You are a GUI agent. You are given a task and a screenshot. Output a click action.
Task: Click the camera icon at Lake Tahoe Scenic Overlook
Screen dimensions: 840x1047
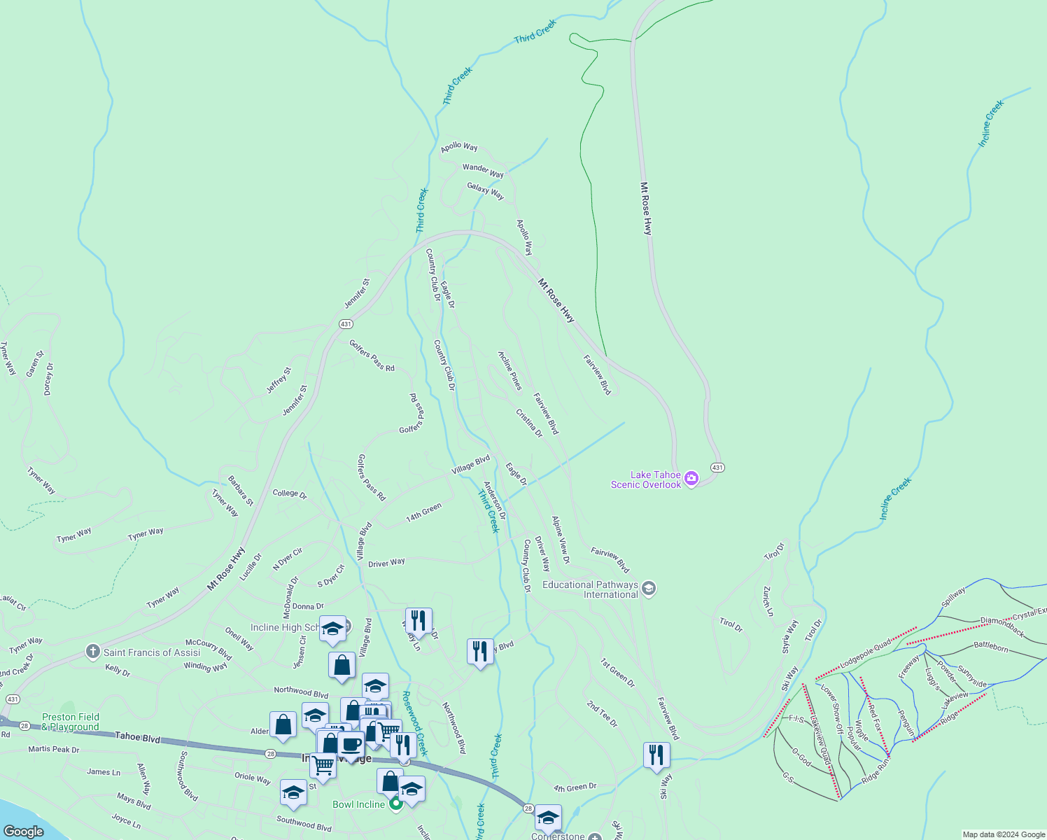pos(691,479)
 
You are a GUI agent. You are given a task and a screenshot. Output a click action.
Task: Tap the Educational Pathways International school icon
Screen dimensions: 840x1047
pos(649,588)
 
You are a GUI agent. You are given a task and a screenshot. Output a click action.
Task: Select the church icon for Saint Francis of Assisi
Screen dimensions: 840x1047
pos(92,652)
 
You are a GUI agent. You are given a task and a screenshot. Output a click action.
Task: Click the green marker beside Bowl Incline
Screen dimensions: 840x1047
pos(395,804)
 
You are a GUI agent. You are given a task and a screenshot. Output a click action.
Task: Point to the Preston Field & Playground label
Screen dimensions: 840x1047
pos(71,722)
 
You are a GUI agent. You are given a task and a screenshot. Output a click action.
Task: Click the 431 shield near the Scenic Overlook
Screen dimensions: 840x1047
pos(717,467)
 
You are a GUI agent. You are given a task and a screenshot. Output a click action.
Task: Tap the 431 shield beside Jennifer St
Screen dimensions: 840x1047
pos(346,324)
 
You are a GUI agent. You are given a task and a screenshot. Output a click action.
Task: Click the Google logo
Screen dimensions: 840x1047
pos(24,831)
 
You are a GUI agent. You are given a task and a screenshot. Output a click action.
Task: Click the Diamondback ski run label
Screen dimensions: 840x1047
pos(1002,626)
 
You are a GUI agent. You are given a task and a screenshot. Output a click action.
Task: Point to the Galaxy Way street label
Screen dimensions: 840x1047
pos(486,191)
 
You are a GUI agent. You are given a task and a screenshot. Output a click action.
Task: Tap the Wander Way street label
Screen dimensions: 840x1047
pos(483,171)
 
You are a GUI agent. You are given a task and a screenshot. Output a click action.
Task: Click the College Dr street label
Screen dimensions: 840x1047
pos(290,493)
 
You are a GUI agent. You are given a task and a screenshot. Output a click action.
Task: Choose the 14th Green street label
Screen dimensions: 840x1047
pos(424,512)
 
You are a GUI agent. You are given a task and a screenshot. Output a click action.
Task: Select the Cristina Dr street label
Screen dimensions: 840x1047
pos(529,423)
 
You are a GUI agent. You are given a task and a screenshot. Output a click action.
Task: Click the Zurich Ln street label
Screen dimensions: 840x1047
pos(768,601)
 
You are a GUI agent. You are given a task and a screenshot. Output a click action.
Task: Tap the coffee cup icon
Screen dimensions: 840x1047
pos(351,745)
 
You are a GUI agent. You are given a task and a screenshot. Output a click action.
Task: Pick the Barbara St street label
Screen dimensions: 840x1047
pos(240,491)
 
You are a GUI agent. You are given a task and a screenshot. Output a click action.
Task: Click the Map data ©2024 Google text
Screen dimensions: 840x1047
pos(1004,834)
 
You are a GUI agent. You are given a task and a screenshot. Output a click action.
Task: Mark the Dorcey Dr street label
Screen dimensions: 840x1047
pos(48,379)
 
